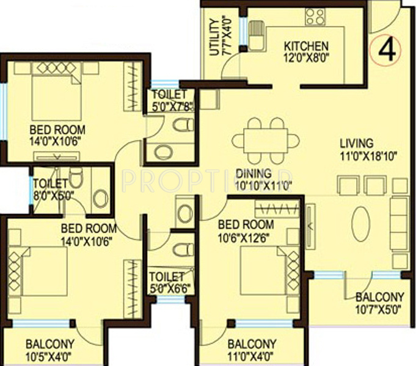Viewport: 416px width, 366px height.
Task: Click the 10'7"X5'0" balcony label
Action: tap(379, 303)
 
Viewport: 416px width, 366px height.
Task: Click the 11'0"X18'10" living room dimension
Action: tap(369, 155)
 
